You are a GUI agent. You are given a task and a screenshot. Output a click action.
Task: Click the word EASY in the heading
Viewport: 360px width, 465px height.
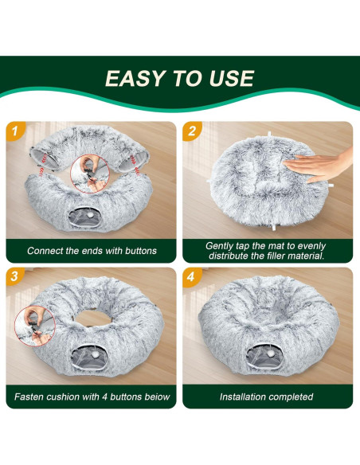pyautogui.click(x=135, y=78)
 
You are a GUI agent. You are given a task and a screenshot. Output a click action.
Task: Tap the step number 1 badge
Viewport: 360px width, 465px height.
pyautogui.click(x=15, y=131)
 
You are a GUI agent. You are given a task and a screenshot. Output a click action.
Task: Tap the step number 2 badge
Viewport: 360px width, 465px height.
pyautogui.click(x=192, y=131)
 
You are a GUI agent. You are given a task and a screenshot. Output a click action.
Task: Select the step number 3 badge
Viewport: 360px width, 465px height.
pyautogui.click(x=14, y=276)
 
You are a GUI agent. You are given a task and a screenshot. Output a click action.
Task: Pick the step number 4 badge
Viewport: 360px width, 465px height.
pyautogui.click(x=191, y=277)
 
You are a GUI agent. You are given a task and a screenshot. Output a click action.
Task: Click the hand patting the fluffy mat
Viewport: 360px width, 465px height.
pyautogui.click(x=319, y=164)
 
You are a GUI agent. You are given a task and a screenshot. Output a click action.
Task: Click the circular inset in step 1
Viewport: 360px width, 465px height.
pyautogui.click(x=90, y=174)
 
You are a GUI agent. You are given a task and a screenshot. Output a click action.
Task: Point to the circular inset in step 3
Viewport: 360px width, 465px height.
pyautogui.click(x=35, y=326)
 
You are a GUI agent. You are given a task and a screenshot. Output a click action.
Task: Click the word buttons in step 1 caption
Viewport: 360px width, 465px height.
pyautogui.click(x=140, y=251)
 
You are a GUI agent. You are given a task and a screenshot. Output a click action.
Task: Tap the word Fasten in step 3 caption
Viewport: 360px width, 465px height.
pyautogui.click(x=28, y=397)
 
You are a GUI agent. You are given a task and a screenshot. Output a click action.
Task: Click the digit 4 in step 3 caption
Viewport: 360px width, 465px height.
pyautogui.click(x=104, y=397)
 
